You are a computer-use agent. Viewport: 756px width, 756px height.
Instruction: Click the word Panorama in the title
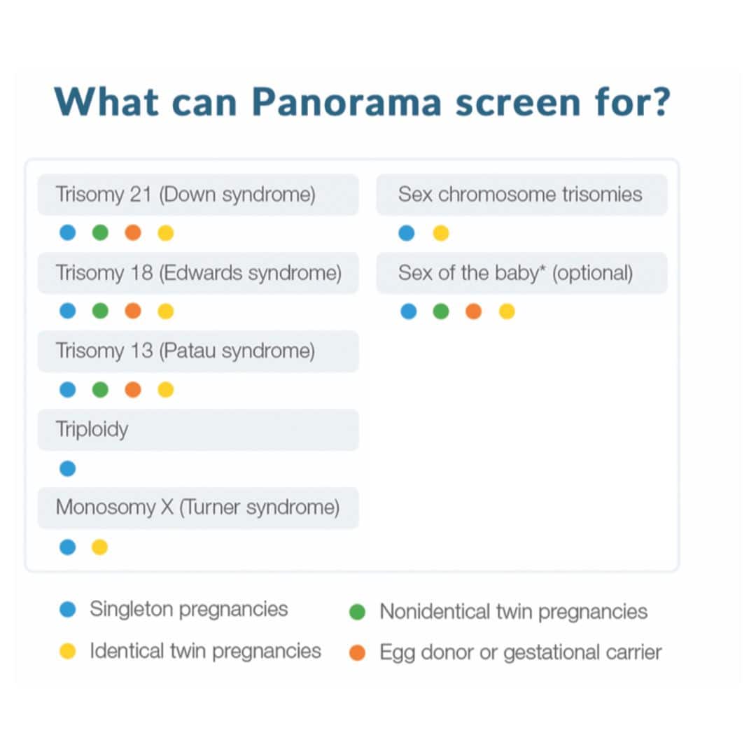coord(346,102)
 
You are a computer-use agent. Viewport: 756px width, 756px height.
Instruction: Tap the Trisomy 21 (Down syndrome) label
coord(185,194)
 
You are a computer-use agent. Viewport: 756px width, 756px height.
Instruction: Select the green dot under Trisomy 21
coord(100,232)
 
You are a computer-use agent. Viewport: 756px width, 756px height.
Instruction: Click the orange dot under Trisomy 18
coord(133,311)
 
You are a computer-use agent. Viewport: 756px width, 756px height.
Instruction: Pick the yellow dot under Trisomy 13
coord(166,389)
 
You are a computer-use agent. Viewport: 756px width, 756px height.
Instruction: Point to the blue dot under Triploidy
coord(67,468)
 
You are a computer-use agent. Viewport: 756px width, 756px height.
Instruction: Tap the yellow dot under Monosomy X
coord(100,547)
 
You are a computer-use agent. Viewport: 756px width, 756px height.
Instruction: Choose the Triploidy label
coord(92,429)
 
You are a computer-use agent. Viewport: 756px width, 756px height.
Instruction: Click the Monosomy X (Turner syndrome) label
coord(197,507)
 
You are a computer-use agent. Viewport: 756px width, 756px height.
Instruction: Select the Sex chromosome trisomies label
coord(520,194)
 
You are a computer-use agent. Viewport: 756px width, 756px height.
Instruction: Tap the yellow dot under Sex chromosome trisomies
coord(440,233)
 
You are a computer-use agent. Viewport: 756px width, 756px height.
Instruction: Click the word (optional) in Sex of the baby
coord(592,272)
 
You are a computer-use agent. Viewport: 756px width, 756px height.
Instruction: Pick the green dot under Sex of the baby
coord(440,311)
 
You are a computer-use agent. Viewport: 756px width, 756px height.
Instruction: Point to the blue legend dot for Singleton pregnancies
coord(67,610)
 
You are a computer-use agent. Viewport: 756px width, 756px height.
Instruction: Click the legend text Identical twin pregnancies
coord(205,651)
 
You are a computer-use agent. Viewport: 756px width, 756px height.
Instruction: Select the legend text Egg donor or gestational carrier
coord(520,652)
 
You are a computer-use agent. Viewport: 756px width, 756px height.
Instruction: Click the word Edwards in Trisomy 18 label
coord(205,272)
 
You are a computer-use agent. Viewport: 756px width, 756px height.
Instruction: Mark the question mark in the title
coord(659,102)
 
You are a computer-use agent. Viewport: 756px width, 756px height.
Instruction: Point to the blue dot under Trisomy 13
coord(67,389)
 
